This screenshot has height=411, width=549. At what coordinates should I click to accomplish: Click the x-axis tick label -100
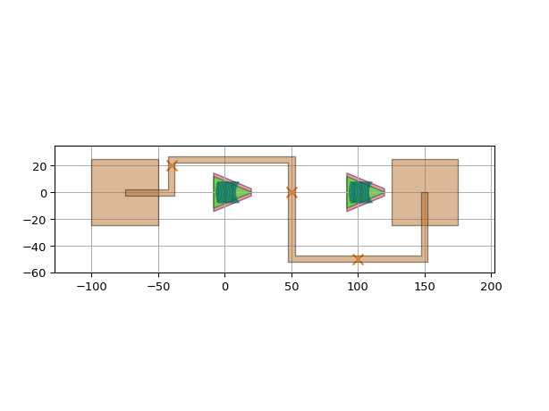tap(92, 287)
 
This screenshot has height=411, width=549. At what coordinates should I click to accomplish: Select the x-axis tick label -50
tap(158, 287)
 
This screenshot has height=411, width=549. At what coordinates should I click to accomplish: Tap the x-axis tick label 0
tap(225, 287)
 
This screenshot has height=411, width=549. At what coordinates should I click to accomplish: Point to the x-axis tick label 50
tap(291, 287)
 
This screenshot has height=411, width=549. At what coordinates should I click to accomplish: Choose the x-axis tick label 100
tap(358, 287)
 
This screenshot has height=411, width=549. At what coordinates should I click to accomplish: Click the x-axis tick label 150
tap(425, 287)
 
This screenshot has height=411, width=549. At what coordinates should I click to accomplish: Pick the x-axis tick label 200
tap(491, 287)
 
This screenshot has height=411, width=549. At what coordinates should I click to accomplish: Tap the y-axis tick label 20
tap(39, 166)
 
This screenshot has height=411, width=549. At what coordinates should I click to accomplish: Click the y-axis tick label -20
tap(35, 220)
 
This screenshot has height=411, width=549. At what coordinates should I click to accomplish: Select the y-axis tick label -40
tap(35, 247)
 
